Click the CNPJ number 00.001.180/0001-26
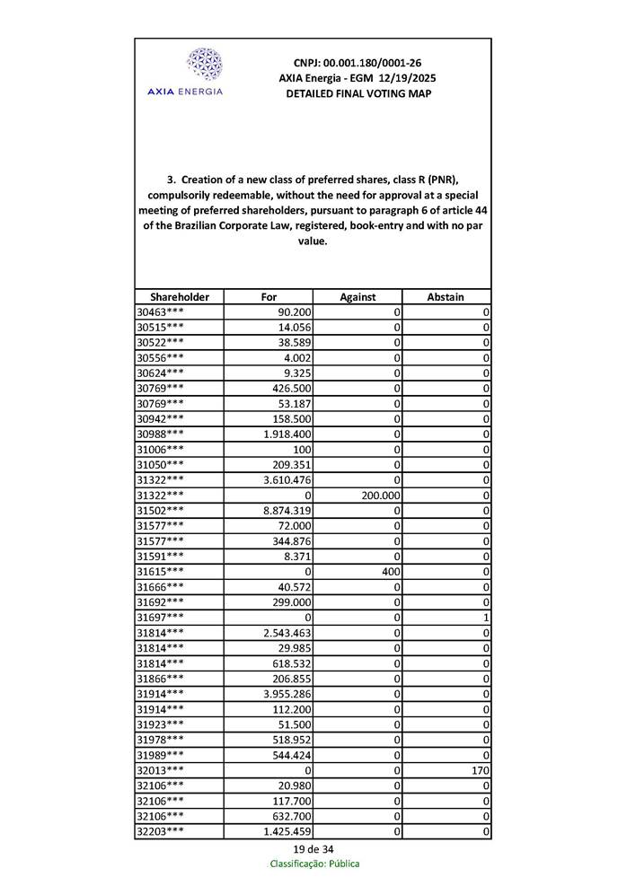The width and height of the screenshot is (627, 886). [x=358, y=63]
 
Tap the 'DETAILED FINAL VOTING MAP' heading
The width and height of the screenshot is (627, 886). [x=358, y=93]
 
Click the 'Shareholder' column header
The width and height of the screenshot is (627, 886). [x=180, y=297]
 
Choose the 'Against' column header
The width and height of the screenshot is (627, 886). [x=358, y=297]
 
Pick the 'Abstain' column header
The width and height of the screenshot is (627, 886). [x=446, y=297]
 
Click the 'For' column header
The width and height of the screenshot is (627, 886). [x=269, y=297]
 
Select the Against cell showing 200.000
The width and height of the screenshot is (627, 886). [x=380, y=495]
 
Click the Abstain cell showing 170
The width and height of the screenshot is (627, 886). [x=478, y=770]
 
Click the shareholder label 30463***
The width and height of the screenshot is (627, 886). [x=160, y=311]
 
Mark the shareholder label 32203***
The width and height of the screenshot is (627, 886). [x=160, y=831]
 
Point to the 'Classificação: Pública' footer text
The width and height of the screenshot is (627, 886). [x=314, y=864]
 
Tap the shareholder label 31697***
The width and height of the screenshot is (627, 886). [x=160, y=618]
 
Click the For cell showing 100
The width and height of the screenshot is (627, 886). [x=302, y=449]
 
